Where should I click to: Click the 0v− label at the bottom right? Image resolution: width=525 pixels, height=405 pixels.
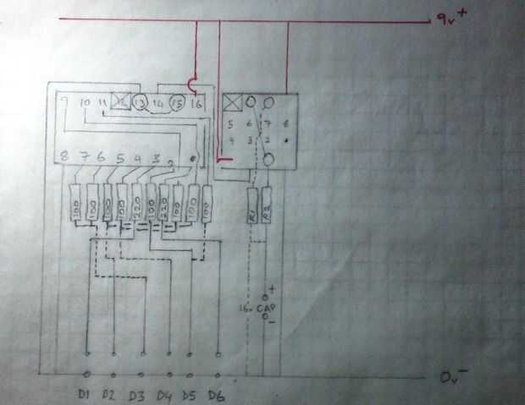pos(455,375)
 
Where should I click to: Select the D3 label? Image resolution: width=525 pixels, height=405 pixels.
pos(137,395)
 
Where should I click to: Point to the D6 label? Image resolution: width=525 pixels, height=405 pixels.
pos(217,395)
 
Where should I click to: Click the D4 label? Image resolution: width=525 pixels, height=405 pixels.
pos(164,395)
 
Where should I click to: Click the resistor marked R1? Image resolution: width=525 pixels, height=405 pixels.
pos(251,208)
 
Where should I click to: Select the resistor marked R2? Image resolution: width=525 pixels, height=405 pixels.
pos(266,208)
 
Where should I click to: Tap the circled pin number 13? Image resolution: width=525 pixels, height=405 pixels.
pos(141,102)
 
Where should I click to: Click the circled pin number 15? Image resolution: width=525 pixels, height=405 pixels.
pos(177,102)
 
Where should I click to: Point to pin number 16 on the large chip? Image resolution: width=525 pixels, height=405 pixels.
pos(197,103)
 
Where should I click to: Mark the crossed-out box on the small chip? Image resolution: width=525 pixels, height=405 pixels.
pos(231,103)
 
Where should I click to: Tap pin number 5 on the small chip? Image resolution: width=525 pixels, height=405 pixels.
pos(230,123)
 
